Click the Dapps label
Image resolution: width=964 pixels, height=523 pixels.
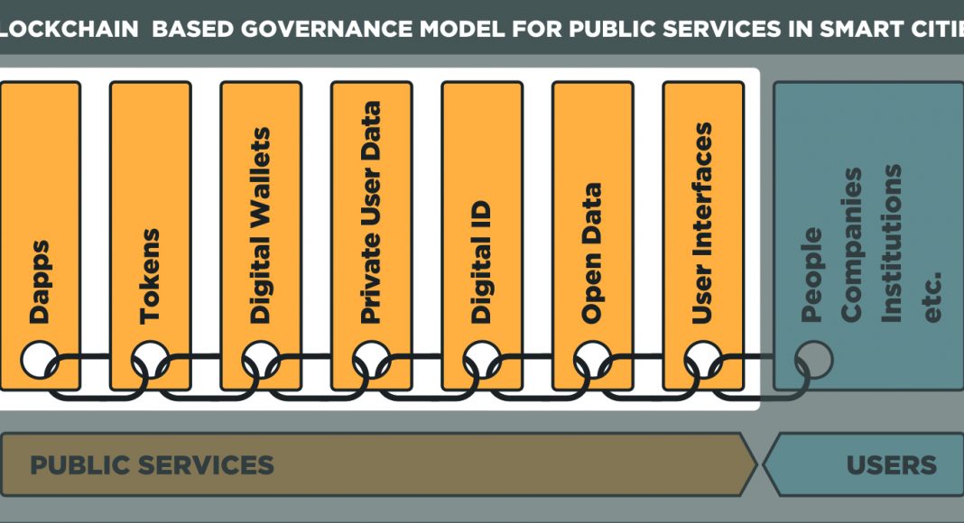(40, 281)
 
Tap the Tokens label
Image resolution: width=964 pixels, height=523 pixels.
(150, 276)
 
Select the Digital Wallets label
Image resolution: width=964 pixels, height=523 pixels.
(260, 225)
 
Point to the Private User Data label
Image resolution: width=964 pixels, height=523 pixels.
(370, 213)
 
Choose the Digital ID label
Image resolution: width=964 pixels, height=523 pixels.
(481, 262)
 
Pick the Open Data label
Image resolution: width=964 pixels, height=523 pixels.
(591, 252)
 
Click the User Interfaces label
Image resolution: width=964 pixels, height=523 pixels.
(702, 224)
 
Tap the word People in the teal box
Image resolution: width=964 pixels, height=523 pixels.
(811, 275)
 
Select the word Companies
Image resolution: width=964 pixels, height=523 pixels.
(851, 245)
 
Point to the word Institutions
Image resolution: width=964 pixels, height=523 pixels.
(892, 243)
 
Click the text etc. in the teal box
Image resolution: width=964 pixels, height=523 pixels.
(932, 297)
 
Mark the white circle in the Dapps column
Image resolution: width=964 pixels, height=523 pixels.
(40, 360)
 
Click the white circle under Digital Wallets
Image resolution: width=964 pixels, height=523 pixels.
(261, 360)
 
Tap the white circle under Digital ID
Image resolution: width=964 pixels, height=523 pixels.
(482, 360)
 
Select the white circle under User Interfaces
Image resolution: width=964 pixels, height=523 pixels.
(703, 360)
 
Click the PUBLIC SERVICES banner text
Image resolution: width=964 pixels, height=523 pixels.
(152, 465)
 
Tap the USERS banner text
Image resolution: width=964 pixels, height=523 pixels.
(892, 465)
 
